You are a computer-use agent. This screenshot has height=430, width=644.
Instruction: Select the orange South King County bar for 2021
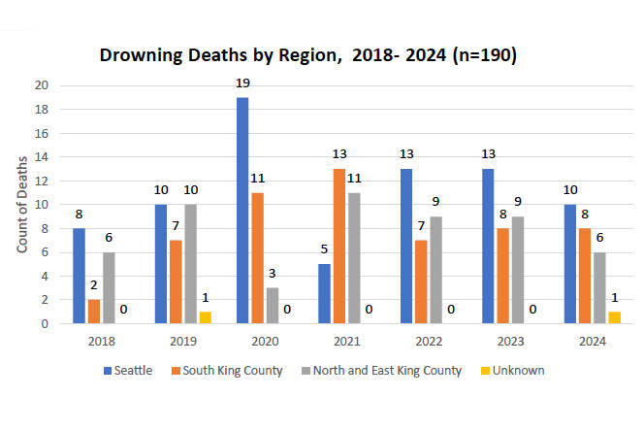pos(338,247)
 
